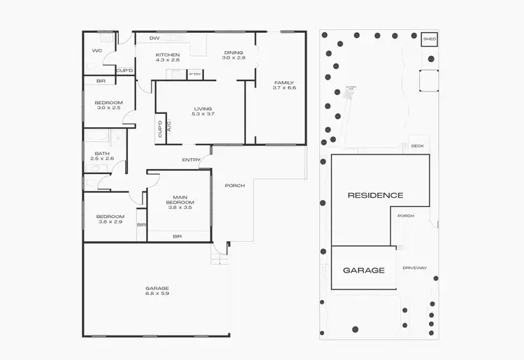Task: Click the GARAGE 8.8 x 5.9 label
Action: coord(157,291)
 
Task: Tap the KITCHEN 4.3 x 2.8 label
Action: coord(168,58)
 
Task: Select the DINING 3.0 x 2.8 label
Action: coord(234,55)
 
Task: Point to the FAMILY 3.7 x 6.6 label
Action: coord(284,85)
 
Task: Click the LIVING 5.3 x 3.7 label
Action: coord(203,111)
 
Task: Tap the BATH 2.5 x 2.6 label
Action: coord(102,156)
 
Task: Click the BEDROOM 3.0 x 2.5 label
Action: coord(108,106)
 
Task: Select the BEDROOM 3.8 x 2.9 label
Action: coord(110,219)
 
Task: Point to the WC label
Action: coord(97,51)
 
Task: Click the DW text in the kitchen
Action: coord(154,38)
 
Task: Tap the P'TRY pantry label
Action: coord(195,73)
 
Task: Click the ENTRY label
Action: coord(191,160)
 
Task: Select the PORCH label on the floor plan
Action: coord(235,185)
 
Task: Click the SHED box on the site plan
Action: coord(430,39)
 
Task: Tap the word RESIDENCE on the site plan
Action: coord(375,195)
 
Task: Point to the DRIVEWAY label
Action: coord(415,268)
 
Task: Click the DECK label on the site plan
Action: coord(418,147)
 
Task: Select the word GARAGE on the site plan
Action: coord(363,270)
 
